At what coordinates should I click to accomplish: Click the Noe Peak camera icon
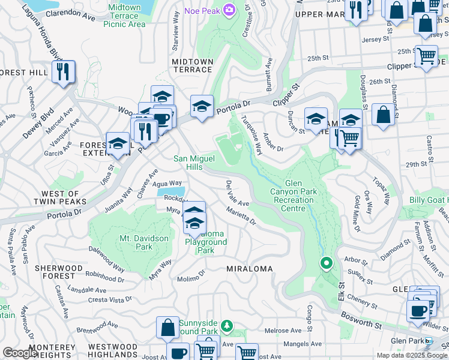pyautogui.click(x=229, y=10)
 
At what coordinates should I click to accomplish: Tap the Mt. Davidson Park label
pyautogui.click(x=144, y=242)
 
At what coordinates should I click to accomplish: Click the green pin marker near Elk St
pyautogui.click(x=327, y=263)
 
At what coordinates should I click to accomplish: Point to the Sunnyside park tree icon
pyautogui.click(x=226, y=326)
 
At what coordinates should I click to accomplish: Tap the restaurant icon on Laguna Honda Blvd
pyautogui.click(x=63, y=71)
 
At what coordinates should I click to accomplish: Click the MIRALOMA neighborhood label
pyautogui.click(x=249, y=269)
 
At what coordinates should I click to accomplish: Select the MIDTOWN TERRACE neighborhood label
pyautogui.click(x=192, y=65)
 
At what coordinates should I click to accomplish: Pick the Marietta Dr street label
pyautogui.click(x=241, y=217)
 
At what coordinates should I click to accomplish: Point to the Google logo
pyautogui.click(x=20, y=353)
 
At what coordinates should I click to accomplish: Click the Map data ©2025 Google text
pyautogui.click(x=411, y=355)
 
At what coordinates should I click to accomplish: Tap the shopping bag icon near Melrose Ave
pyautogui.click(x=168, y=327)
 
